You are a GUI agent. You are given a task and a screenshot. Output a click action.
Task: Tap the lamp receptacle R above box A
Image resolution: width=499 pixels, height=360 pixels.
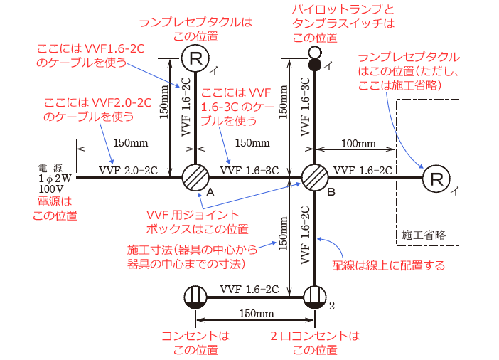pos(195,57)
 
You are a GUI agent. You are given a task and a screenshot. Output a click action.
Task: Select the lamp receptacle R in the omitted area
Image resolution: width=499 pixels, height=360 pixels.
pos(435,178)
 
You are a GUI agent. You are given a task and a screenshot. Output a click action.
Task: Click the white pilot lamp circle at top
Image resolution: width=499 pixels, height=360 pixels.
pos(315,53)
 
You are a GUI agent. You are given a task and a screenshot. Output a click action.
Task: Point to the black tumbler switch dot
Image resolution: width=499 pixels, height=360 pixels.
pos(315,65)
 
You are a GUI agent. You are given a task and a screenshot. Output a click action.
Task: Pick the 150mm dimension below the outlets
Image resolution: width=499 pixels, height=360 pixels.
pos(256,314)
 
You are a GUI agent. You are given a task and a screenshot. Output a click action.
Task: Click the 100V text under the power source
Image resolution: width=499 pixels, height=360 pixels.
pos(51,189)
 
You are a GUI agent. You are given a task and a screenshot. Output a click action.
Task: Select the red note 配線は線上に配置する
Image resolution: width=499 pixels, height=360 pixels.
pos(389,265)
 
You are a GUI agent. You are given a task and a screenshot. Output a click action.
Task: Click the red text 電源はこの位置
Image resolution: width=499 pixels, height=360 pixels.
pos(55,208)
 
